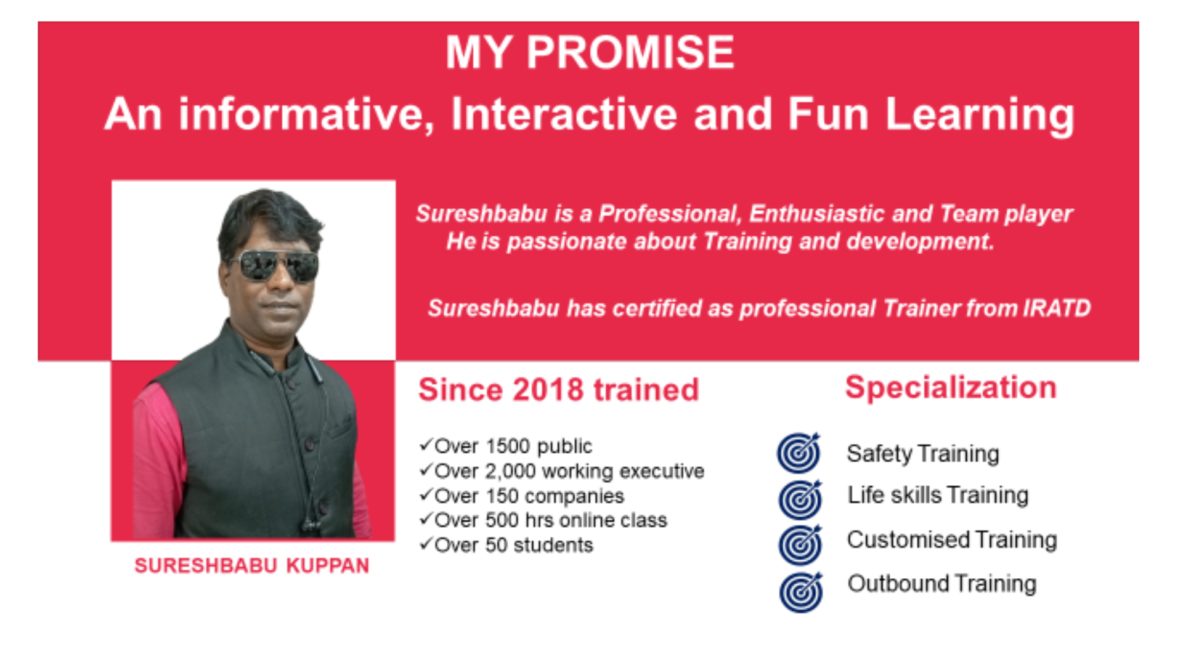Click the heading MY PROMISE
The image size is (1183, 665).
(x=590, y=52)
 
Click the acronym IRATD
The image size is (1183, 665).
(x=1057, y=308)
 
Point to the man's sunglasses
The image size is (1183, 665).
(x=278, y=266)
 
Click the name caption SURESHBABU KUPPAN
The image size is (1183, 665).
(x=251, y=565)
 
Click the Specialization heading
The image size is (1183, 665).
(x=951, y=387)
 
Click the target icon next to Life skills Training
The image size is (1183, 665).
(x=800, y=499)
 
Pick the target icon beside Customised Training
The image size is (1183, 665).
(x=800, y=544)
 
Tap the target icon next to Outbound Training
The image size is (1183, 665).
(x=800, y=592)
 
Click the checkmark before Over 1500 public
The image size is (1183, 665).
(x=426, y=444)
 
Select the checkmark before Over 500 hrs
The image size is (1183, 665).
(x=426, y=518)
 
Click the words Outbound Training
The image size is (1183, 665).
(x=942, y=583)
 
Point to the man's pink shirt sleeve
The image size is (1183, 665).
(x=157, y=462)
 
